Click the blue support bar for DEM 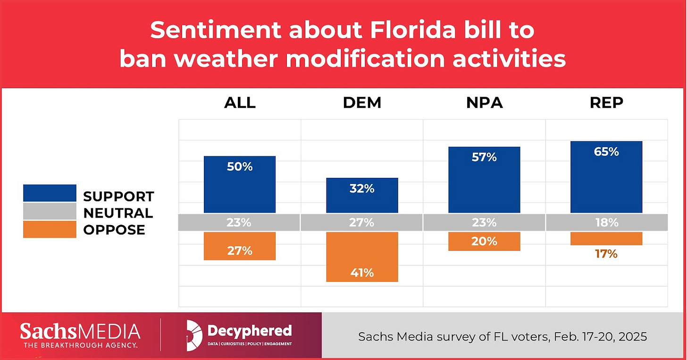[362, 195]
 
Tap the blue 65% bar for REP [606, 177]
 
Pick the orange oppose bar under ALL [240, 246]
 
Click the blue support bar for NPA [484, 180]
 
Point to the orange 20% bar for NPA [484, 241]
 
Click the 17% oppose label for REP [606, 254]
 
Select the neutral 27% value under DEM [362, 222]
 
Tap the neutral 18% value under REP [606, 222]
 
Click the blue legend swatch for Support [50, 193]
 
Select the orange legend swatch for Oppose [50, 229]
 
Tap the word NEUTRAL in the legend [118, 213]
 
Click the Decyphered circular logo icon [194, 335]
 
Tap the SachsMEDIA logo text [80, 331]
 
